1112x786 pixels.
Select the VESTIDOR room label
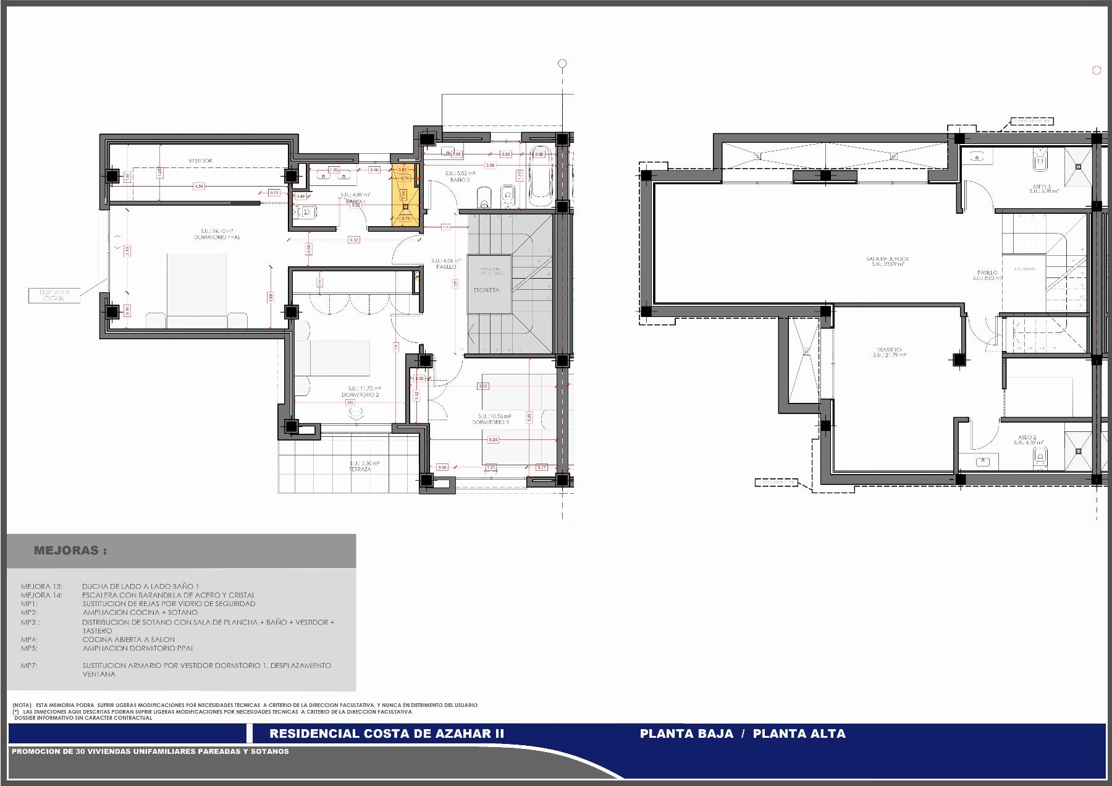[200, 161]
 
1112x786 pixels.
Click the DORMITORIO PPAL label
[217, 237]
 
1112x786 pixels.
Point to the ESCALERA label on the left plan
[487, 290]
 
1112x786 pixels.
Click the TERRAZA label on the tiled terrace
[360, 469]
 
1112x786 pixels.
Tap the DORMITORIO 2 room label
[360, 395]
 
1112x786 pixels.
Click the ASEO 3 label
[1040, 187]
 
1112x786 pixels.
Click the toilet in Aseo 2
[1040, 457]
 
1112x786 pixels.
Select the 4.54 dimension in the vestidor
[198, 186]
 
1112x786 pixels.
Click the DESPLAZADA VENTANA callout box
[56, 295]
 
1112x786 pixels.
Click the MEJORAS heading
[70, 551]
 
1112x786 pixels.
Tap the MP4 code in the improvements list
[29, 640]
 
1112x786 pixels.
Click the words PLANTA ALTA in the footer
[799, 734]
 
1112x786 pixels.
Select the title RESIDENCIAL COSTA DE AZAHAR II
[387, 734]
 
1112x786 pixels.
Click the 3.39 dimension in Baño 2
[490, 165]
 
